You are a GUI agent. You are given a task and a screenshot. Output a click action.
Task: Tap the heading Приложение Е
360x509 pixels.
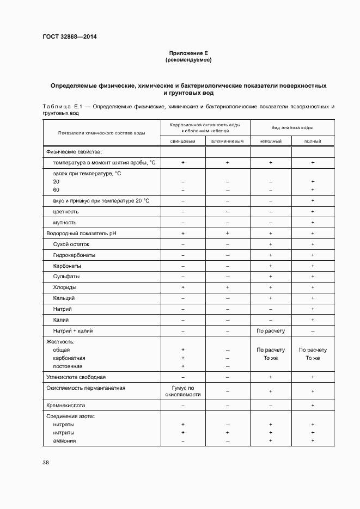[x=188, y=53]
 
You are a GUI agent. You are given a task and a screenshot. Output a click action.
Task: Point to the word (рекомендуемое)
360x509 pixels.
[x=188, y=60]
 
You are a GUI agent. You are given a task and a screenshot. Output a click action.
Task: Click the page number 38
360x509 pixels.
[x=45, y=462]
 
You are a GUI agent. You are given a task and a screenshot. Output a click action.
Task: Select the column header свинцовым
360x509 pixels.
[x=183, y=141]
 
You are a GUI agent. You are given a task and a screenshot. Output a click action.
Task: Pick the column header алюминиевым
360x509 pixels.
[x=227, y=141]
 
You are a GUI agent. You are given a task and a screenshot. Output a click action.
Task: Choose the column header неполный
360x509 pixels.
[x=270, y=141]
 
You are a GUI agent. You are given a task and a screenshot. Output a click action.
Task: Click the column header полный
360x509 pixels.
[x=313, y=141]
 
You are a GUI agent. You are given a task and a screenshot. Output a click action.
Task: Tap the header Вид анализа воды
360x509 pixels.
[x=292, y=127]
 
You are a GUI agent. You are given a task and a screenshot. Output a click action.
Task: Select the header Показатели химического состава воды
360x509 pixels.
[x=101, y=133]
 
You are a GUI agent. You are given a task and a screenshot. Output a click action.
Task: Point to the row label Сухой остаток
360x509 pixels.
[x=71, y=244]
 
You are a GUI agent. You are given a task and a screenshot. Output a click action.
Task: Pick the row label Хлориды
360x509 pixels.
[x=65, y=287]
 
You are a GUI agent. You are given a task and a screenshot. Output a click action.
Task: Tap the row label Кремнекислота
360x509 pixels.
[x=66, y=406]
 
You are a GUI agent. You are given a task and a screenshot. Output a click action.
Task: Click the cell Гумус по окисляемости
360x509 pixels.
[x=183, y=391]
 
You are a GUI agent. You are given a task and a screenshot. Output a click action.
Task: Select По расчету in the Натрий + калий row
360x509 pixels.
[x=270, y=330]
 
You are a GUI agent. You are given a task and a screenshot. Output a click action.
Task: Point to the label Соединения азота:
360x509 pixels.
[x=70, y=416]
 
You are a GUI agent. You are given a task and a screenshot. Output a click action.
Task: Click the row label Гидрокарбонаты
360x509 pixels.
[x=74, y=255]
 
